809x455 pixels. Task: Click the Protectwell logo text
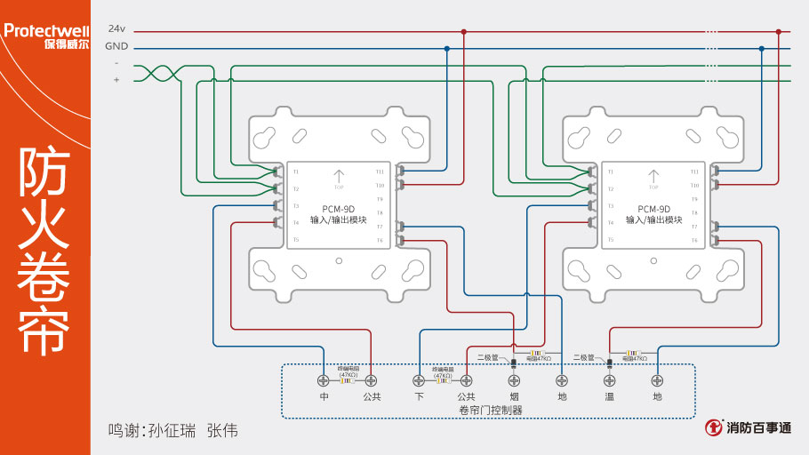[x=45, y=30]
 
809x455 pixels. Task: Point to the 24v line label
[x=116, y=29]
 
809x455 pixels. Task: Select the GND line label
[x=116, y=47]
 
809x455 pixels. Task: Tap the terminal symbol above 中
[x=324, y=380]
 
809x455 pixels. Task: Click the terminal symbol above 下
[x=419, y=380]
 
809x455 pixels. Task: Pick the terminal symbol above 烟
[x=514, y=380]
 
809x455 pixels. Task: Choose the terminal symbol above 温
[x=609, y=380]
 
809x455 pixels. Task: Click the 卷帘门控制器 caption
[x=490, y=410]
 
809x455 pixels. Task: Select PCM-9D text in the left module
[x=338, y=209]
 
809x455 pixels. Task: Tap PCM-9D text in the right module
[x=653, y=209]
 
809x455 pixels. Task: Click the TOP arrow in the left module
[x=338, y=179]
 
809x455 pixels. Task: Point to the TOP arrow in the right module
[x=653, y=179]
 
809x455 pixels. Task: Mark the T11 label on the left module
[x=380, y=172]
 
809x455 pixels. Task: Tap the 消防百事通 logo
[x=749, y=428]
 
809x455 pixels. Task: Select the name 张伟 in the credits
[x=222, y=430]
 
